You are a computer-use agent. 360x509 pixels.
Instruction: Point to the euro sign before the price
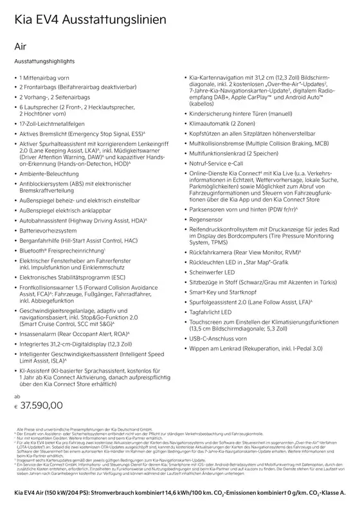(x=17, y=407)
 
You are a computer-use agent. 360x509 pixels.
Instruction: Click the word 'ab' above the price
(x=17, y=396)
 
